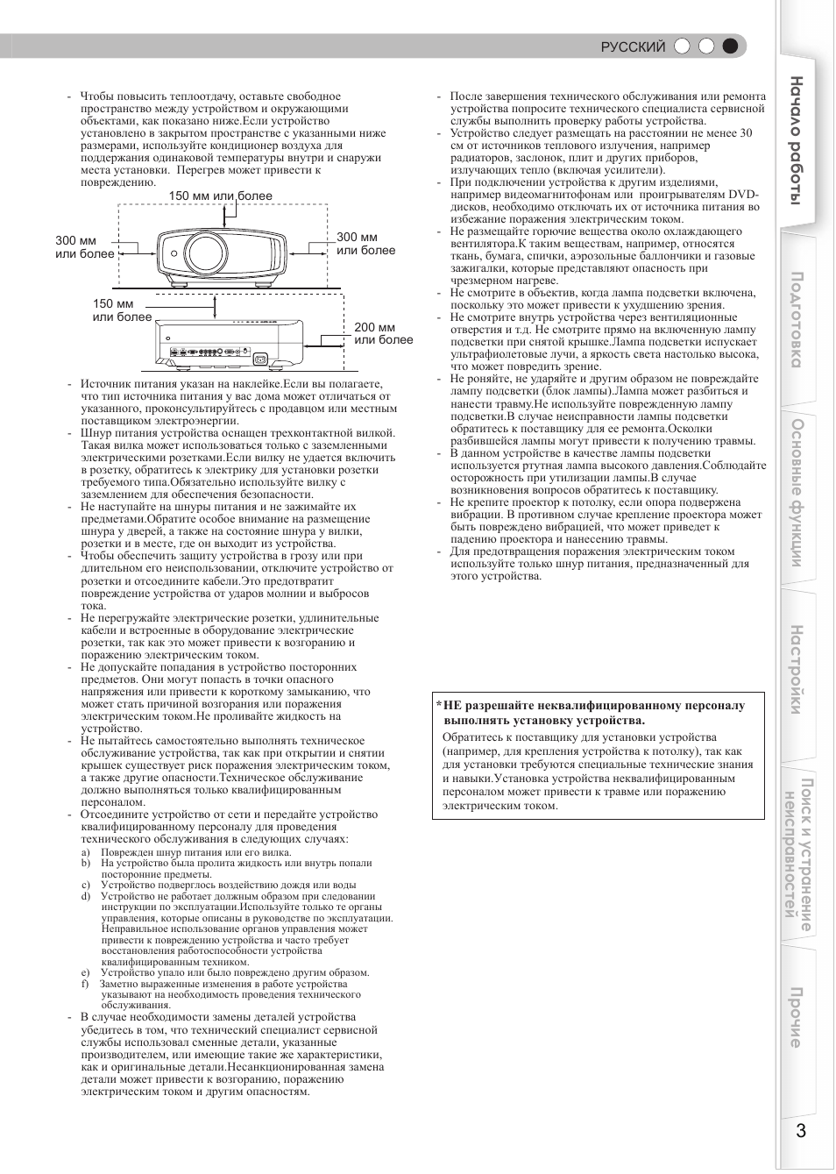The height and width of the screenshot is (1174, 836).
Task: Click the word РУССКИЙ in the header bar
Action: click(633, 47)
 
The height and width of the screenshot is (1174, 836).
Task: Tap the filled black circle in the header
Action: click(730, 46)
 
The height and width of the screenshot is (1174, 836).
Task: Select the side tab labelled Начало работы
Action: click(796, 140)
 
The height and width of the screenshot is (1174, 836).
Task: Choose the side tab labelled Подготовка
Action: click(796, 320)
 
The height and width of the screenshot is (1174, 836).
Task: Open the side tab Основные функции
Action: click(796, 492)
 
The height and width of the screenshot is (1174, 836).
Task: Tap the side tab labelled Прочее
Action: click(796, 1017)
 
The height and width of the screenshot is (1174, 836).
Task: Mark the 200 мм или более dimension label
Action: click(383, 333)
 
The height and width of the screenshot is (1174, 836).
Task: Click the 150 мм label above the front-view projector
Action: click(220, 196)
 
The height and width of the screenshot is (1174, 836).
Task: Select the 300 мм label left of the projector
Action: click(84, 247)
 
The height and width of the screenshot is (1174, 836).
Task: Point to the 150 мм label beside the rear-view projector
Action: click(122, 310)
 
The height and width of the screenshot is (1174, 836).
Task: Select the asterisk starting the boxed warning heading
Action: click(439, 705)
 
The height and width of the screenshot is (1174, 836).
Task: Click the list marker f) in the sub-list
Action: click(86, 984)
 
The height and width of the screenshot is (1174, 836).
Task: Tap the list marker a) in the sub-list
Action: click(86, 852)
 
